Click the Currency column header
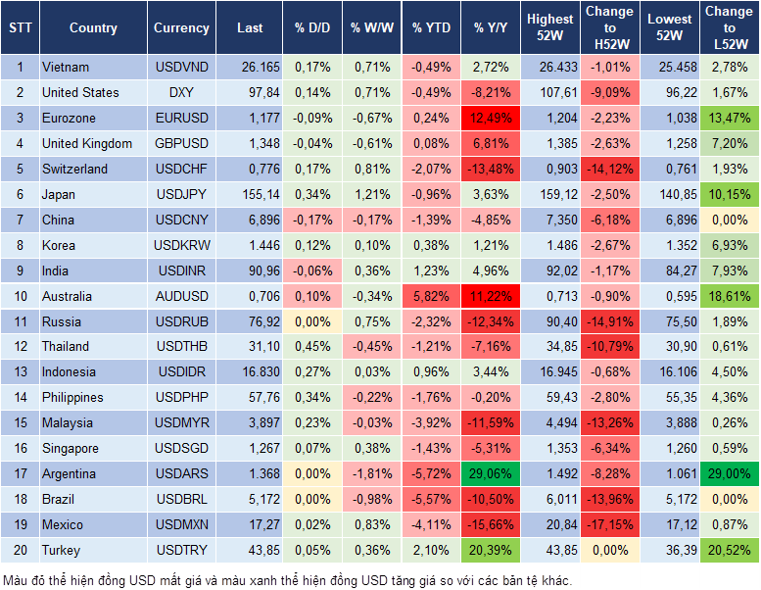click(181, 28)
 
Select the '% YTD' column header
click(431, 28)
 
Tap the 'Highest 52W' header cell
click(549, 28)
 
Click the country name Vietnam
click(66, 68)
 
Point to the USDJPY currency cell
click(181, 194)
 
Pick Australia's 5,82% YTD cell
click(431, 296)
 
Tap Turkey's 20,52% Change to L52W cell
click(730, 551)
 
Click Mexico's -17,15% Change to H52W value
click(609, 525)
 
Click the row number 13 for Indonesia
click(20, 372)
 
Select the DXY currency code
click(181, 93)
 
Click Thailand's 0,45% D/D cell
click(311, 347)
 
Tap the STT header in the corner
click(20, 28)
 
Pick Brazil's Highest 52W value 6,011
click(549, 500)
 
